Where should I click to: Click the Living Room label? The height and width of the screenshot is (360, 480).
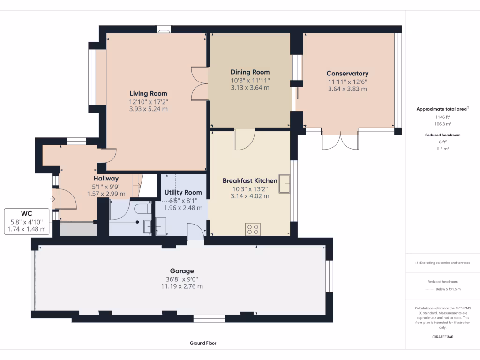click(x=148, y=93)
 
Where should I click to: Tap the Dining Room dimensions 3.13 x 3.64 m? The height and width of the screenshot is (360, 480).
click(x=250, y=87)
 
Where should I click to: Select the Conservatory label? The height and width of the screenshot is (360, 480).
click(x=347, y=73)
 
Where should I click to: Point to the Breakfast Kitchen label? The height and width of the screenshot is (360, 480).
click(x=250, y=180)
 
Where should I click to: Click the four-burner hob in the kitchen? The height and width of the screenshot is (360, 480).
click(x=253, y=229)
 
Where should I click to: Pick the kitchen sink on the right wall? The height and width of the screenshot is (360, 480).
click(x=284, y=184)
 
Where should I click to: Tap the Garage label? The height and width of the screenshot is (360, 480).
click(x=182, y=271)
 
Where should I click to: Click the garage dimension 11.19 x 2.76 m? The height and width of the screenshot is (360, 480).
click(x=182, y=286)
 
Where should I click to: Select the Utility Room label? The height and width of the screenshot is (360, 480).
click(x=183, y=192)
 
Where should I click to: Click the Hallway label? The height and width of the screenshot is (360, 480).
click(x=106, y=178)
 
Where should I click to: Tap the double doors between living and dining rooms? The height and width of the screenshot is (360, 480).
click(x=200, y=84)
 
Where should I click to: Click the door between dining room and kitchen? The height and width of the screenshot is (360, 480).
click(x=244, y=140)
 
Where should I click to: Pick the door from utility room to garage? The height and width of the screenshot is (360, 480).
click(x=195, y=232)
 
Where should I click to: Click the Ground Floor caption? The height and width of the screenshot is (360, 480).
click(x=203, y=343)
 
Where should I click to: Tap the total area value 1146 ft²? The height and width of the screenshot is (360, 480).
click(x=442, y=117)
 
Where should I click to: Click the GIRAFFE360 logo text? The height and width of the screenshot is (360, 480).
click(x=442, y=337)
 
